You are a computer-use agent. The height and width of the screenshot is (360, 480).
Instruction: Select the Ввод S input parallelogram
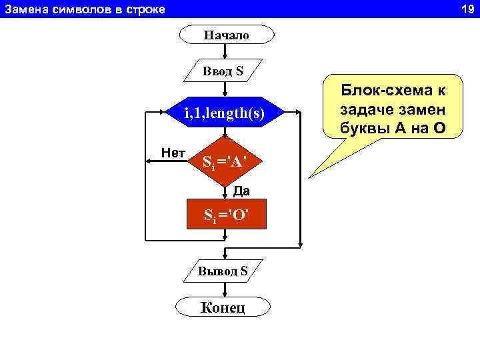pos(223,70)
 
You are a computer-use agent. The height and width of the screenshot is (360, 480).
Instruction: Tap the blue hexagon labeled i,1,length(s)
pos(225,114)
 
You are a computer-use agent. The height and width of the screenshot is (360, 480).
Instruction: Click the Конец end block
pos(223,307)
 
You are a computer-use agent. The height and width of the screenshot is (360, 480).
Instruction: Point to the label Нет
pos(173,153)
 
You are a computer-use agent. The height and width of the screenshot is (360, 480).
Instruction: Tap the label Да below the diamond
pos(241,192)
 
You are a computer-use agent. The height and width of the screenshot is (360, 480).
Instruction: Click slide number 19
pos(466,9)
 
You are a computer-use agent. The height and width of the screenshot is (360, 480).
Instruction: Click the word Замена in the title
pos(26,9)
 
